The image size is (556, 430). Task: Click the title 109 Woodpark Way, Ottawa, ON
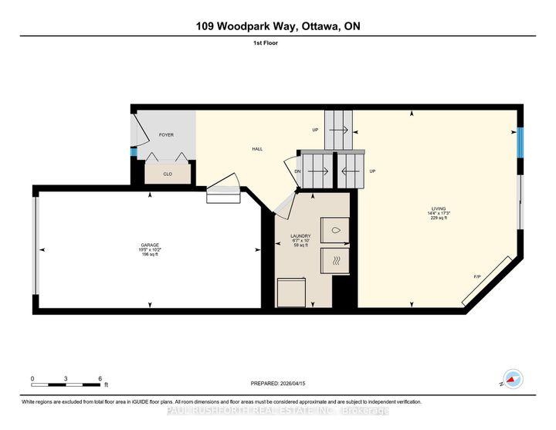click(x=278, y=26)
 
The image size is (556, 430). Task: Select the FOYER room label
click(x=166, y=135)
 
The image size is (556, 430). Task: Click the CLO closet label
click(x=168, y=174)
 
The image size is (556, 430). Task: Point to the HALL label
click(x=259, y=149)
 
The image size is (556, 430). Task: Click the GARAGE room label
click(x=150, y=245)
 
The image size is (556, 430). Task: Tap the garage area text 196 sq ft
click(x=150, y=255)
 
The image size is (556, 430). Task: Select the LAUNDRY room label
click(x=300, y=236)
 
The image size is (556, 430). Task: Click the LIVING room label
click(x=439, y=208)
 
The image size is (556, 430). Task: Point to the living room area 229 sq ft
click(x=439, y=218)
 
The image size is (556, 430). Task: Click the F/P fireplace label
click(x=476, y=276)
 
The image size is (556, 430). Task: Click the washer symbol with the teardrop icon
click(x=334, y=230)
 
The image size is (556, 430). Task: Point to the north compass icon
click(x=510, y=378)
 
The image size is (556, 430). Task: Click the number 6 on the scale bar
click(x=100, y=378)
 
